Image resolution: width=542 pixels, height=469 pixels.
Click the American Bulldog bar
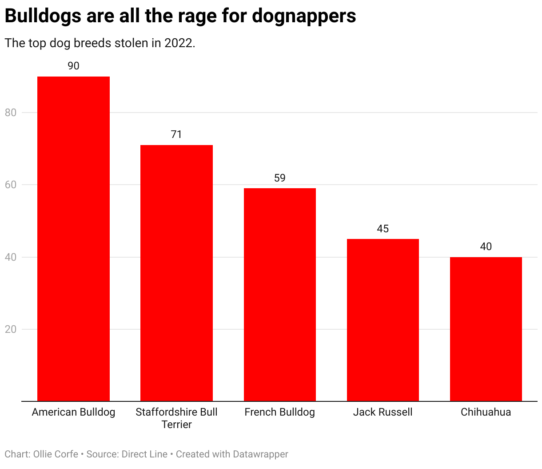[73, 239]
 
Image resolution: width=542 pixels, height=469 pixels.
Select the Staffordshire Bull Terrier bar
[176, 273]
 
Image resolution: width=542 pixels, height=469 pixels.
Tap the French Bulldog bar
[279, 295]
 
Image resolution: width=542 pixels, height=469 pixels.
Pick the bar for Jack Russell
[383, 320]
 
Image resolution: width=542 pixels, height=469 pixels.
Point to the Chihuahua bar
[486, 329]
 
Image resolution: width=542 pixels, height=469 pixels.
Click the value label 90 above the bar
[73, 66]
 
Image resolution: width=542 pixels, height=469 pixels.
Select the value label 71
[176, 134]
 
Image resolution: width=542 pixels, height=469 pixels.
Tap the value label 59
[279, 178]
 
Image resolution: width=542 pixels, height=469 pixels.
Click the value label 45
[383, 229]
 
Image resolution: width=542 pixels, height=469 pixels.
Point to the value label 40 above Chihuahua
[486, 247]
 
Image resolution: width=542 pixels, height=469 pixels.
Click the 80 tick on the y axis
[11, 113]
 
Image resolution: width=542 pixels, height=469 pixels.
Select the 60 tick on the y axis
[11, 185]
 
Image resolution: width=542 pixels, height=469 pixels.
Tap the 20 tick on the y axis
[11, 329]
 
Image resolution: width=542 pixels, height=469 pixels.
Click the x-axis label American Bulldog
[73, 412]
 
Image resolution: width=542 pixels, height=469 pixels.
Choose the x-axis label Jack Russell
[383, 412]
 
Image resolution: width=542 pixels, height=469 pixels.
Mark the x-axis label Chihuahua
[486, 412]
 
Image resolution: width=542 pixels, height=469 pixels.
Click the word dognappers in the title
[304, 16]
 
